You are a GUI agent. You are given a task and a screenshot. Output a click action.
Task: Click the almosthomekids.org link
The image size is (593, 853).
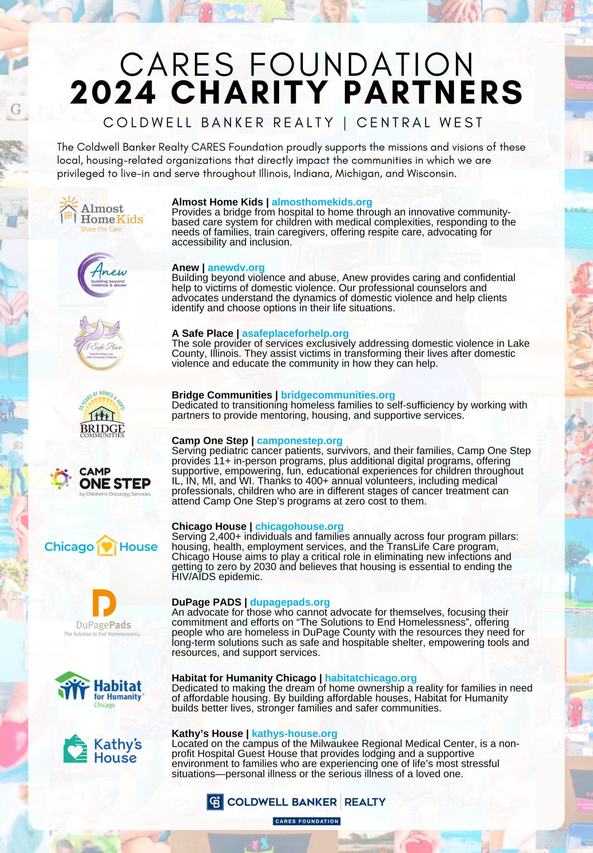322,202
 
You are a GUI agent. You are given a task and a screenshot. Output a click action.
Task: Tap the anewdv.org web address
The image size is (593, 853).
236,268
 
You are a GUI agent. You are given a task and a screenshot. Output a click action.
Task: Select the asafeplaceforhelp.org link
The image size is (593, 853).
295,333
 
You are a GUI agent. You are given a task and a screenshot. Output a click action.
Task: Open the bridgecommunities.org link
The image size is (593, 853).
338,395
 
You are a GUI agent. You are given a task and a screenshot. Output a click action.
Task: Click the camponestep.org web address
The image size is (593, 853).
299,440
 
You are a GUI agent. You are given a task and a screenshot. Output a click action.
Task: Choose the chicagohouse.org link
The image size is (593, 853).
299,526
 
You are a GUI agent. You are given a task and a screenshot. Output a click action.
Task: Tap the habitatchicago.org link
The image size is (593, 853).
371,678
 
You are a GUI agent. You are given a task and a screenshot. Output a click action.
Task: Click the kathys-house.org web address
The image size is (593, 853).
294,734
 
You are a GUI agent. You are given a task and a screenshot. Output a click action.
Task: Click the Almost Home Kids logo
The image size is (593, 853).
101,214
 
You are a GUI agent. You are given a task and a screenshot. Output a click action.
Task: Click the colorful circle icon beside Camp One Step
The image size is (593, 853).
61,479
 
